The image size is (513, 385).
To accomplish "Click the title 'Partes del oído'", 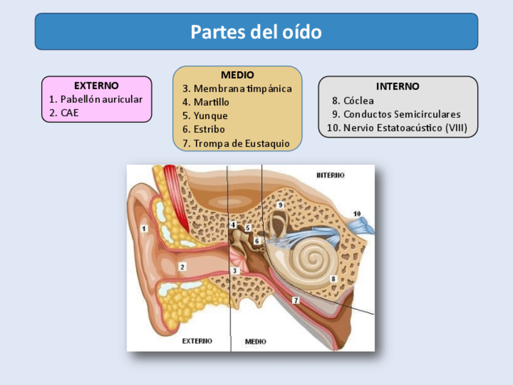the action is click(x=256, y=31).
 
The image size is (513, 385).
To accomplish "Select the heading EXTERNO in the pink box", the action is click(x=96, y=86).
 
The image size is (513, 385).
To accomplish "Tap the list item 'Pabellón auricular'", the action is click(x=101, y=99).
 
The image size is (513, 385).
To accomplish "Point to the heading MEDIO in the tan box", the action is click(x=237, y=75).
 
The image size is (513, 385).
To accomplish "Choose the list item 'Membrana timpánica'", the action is click(x=242, y=88).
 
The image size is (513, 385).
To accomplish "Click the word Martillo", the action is click(x=211, y=102).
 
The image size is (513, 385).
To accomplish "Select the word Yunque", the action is click(x=211, y=116).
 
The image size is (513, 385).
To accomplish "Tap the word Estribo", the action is click(x=209, y=129).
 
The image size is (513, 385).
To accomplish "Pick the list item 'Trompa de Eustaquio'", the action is click(x=241, y=143).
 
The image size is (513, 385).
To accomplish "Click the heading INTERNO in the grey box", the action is click(x=397, y=87).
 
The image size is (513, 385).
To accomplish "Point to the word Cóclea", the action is click(x=358, y=100).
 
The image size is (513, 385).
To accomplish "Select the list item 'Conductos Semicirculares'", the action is click(x=402, y=114).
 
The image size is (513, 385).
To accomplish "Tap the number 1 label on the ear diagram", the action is click(x=144, y=228).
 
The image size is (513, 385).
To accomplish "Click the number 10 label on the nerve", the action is click(x=357, y=214).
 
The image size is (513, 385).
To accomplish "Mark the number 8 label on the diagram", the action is click(x=333, y=278).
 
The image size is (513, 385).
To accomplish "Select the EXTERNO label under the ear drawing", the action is click(x=197, y=341).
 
